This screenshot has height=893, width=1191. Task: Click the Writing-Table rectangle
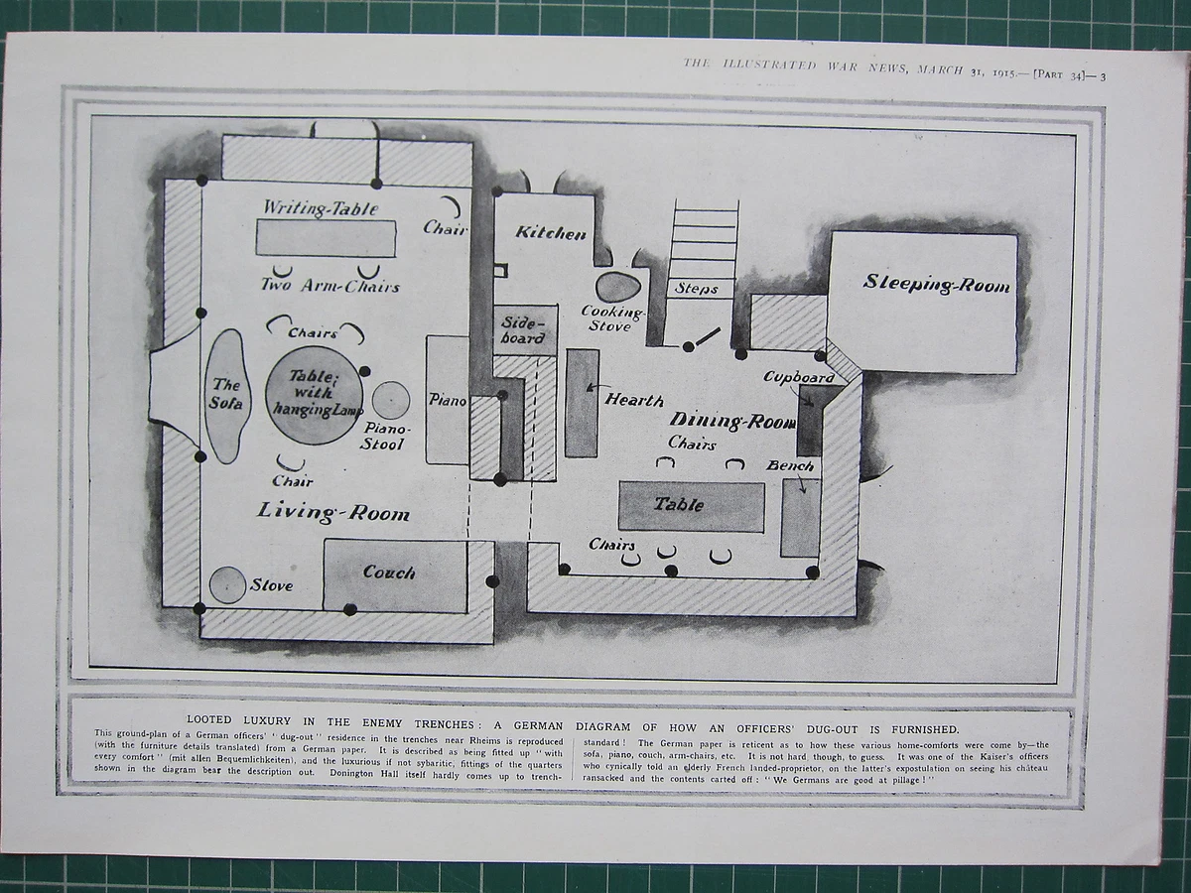coord(326,238)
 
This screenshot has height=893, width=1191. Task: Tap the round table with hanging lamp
coord(313,394)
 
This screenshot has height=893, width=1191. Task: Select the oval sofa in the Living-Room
coord(227,396)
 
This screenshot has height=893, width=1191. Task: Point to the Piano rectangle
coord(448,400)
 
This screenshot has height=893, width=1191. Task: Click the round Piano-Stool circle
coord(391,401)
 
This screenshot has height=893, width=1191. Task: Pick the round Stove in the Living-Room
coord(227,584)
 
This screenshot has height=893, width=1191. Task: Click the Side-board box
coord(525,329)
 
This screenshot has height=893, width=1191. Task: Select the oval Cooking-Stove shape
coord(617,287)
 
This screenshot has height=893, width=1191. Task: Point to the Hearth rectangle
coord(582,403)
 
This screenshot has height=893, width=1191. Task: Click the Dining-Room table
coord(691,506)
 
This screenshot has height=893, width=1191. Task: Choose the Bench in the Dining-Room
coord(800,517)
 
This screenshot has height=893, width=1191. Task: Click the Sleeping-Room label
coord(936,284)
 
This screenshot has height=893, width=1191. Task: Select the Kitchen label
coord(551,233)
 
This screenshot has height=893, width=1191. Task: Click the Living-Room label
coord(332,513)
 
